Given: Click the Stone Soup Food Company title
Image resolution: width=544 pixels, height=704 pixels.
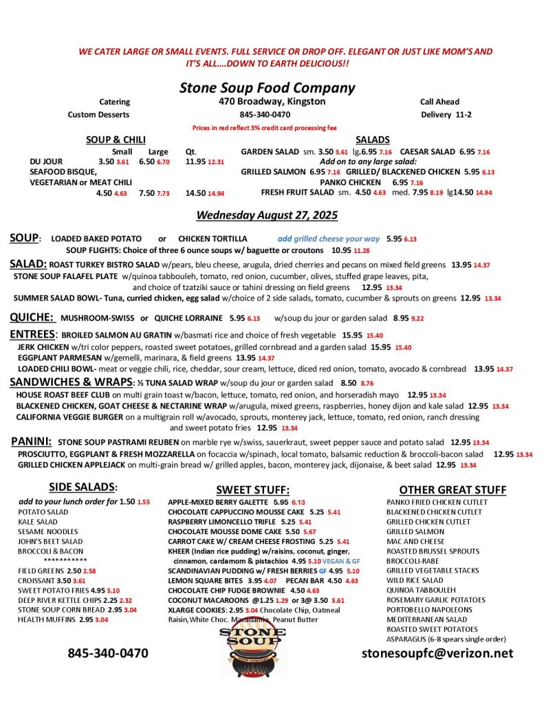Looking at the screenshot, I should (267, 87).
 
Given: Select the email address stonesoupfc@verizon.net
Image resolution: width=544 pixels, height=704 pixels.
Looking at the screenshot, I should (437, 653).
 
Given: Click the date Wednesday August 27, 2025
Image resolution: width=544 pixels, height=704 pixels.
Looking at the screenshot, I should (267, 215).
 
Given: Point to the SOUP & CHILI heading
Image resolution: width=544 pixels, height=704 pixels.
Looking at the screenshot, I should (116, 140).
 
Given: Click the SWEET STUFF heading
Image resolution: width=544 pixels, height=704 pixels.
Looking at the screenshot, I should (252, 489).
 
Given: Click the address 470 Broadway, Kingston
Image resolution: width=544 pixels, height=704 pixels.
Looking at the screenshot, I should (267, 102).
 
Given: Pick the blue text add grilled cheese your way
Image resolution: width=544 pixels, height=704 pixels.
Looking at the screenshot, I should (328, 239).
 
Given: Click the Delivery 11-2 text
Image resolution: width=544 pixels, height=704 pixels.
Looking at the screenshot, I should (446, 114).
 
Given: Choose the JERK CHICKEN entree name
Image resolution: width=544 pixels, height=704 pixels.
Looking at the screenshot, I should (43, 347).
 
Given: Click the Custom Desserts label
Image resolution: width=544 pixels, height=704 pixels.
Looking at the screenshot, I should (98, 114).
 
